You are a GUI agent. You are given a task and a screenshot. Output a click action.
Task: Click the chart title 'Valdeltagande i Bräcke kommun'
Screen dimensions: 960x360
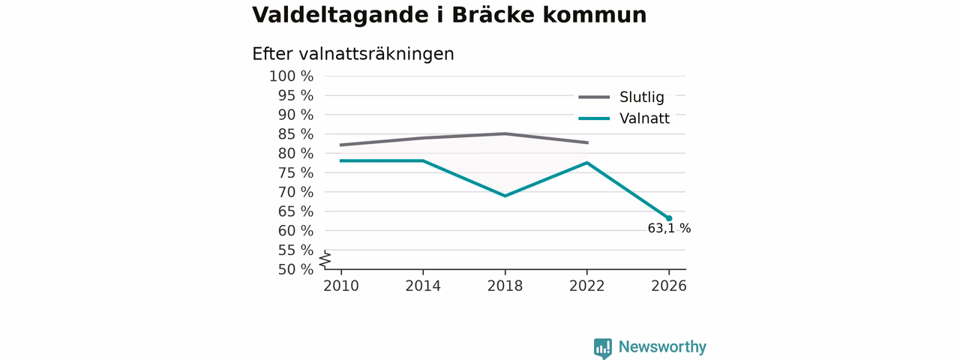tap(449, 15)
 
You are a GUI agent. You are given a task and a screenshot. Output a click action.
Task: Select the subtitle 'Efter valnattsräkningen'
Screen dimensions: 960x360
tap(353, 55)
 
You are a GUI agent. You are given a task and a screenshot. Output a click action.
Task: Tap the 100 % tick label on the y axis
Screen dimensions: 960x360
tap(292, 76)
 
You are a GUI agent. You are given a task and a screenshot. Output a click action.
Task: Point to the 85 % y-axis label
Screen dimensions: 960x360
tap(295, 134)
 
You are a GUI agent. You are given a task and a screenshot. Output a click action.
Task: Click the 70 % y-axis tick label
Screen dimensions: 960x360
tap(295, 192)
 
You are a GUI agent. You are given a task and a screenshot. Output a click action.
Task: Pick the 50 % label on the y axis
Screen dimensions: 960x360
tap(295, 269)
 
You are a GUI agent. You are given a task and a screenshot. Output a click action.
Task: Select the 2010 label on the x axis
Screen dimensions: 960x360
tap(341, 286)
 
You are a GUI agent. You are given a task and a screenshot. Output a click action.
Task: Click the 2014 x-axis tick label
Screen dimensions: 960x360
tap(423, 286)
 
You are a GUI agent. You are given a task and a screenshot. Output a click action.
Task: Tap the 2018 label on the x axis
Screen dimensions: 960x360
tap(505, 286)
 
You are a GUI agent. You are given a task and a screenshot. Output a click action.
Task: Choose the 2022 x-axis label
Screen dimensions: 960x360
tap(586, 286)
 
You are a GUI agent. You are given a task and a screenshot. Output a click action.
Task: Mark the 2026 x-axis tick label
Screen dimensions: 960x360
tap(668, 286)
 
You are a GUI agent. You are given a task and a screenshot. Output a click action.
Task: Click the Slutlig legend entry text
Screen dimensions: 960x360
tap(642, 97)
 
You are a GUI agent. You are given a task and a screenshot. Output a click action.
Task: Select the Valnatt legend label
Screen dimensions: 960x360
tap(644, 118)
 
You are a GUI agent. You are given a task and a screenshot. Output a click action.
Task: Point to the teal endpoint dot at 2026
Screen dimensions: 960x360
tap(668, 218)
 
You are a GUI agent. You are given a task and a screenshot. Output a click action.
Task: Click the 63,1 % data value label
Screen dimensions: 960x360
tap(669, 229)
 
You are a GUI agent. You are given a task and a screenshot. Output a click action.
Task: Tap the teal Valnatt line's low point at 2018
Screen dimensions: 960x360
tap(505, 196)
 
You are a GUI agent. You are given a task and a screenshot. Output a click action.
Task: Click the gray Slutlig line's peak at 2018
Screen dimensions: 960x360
tap(505, 133)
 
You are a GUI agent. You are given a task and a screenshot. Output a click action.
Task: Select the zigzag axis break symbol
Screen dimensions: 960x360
tap(325, 259)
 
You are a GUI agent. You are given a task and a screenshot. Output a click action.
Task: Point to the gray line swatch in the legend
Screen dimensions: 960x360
tap(594, 97)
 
